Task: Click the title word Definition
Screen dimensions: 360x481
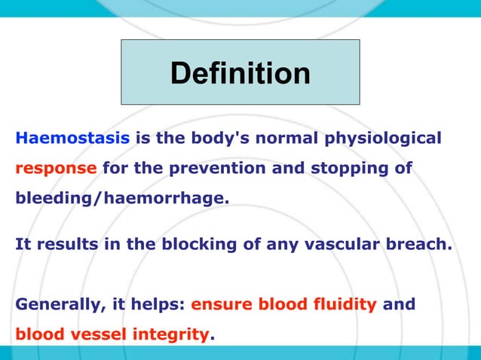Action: (x=240, y=73)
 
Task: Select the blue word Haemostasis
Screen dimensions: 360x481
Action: (x=73, y=139)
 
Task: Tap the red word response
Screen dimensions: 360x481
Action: (x=56, y=168)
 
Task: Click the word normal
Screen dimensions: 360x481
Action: (x=283, y=139)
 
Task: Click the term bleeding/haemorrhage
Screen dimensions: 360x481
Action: (x=121, y=197)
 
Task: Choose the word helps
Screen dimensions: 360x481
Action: (x=156, y=305)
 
